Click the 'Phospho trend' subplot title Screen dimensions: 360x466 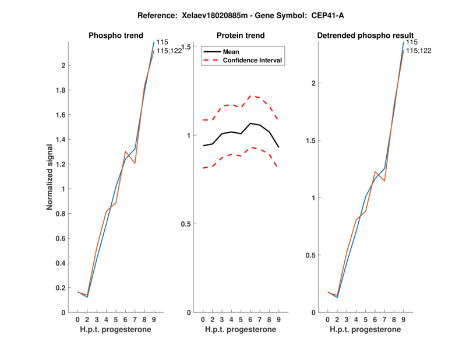[x=115, y=36]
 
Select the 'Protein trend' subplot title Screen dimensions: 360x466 [x=240, y=36]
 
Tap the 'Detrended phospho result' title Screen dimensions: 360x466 [x=365, y=36]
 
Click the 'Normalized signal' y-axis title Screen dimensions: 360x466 [x=51, y=177]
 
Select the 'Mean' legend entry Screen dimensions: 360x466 [x=231, y=52]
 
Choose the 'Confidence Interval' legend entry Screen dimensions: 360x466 [x=253, y=60]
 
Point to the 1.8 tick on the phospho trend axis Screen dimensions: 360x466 [x=60, y=90]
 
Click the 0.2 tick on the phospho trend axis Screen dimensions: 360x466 [x=60, y=288]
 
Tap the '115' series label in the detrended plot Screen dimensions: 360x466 [x=411, y=42]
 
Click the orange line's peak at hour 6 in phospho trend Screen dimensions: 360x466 [x=125, y=151]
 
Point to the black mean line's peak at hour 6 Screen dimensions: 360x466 [x=250, y=123]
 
